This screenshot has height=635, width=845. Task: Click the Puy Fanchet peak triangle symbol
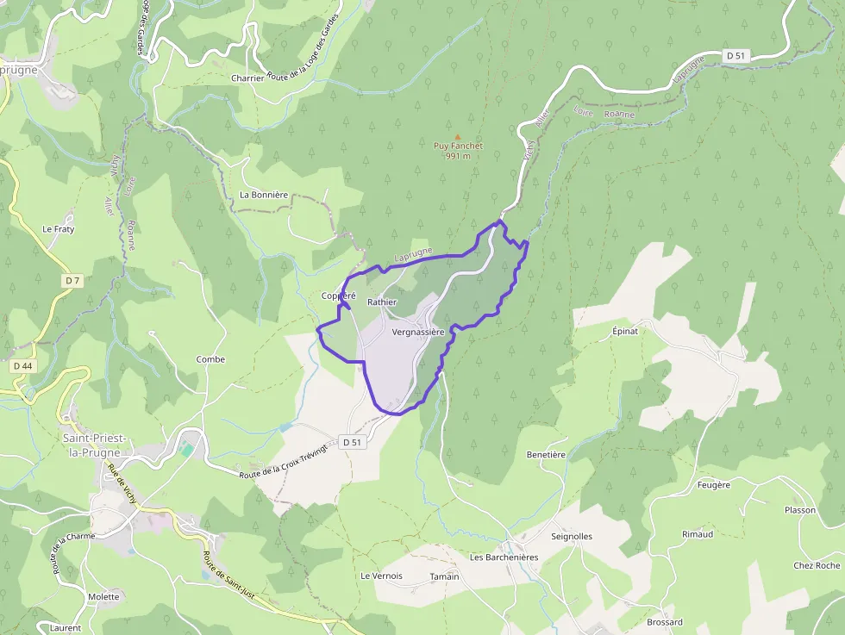click(458, 136)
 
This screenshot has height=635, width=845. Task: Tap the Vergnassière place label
click(417, 332)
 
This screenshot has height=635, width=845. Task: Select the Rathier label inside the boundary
click(381, 302)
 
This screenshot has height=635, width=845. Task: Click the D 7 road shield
click(72, 280)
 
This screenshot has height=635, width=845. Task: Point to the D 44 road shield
click(22, 366)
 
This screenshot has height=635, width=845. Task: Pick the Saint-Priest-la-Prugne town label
click(95, 445)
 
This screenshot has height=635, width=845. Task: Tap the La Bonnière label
click(264, 195)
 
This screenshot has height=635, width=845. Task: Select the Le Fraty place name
click(59, 229)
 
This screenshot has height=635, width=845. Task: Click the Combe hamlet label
click(210, 359)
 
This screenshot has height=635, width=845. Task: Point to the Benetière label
click(546, 454)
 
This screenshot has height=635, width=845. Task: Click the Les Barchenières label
click(504, 557)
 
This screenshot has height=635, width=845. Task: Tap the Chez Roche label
click(817, 565)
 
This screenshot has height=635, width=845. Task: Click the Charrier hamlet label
click(247, 78)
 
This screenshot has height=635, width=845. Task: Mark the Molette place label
click(103, 596)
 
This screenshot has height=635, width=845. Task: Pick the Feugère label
click(713, 485)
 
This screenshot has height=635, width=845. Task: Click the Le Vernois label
click(381, 576)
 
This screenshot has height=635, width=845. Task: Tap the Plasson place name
click(799, 510)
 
